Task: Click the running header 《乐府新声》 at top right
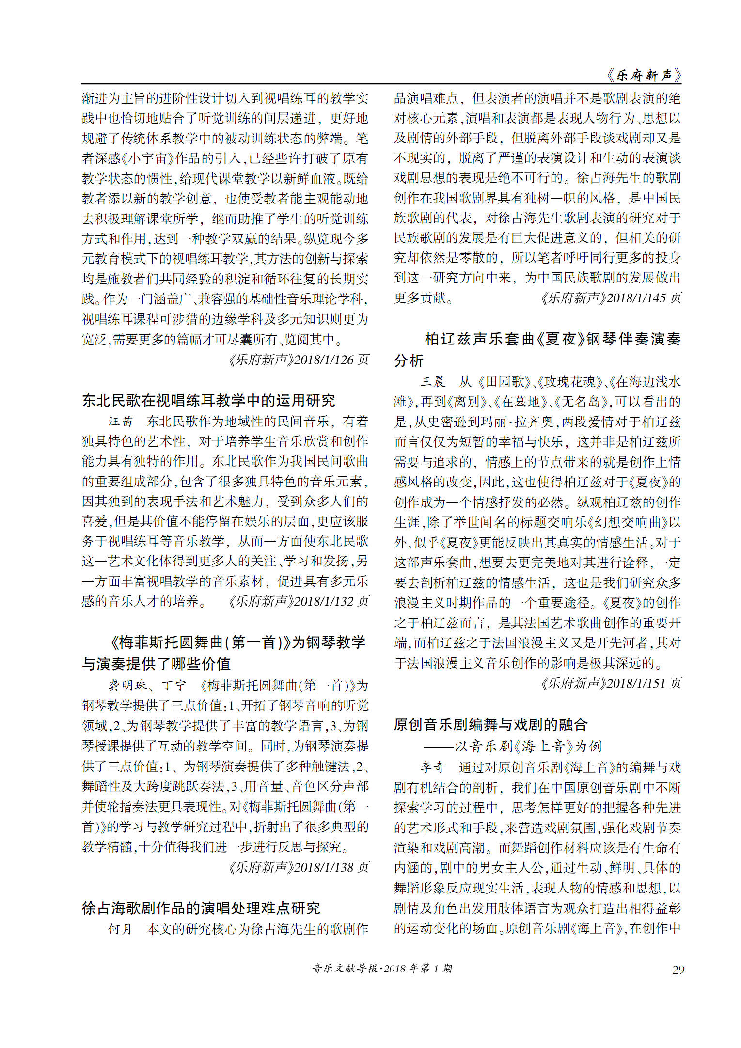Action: coord(644,76)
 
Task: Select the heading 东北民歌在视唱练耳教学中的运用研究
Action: coord(208,400)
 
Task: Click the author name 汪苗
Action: coord(120,421)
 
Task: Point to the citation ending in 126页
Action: coord(298,360)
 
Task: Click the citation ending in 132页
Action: coord(298,601)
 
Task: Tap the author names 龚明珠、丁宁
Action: coord(147,685)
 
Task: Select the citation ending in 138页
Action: coord(298,867)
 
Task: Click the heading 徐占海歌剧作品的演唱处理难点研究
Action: coord(201,908)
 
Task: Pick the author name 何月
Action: coord(120,929)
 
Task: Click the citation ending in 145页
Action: coord(611,297)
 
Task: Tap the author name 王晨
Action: coord(432,381)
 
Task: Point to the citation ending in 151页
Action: coord(611,683)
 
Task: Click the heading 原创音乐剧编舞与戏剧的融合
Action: coord(490,724)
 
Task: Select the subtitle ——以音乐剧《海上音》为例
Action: coord(512,746)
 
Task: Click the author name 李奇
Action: coord(432,767)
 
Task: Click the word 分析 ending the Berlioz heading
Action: coord(409,360)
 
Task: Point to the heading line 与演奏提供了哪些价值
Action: coord(156,664)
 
